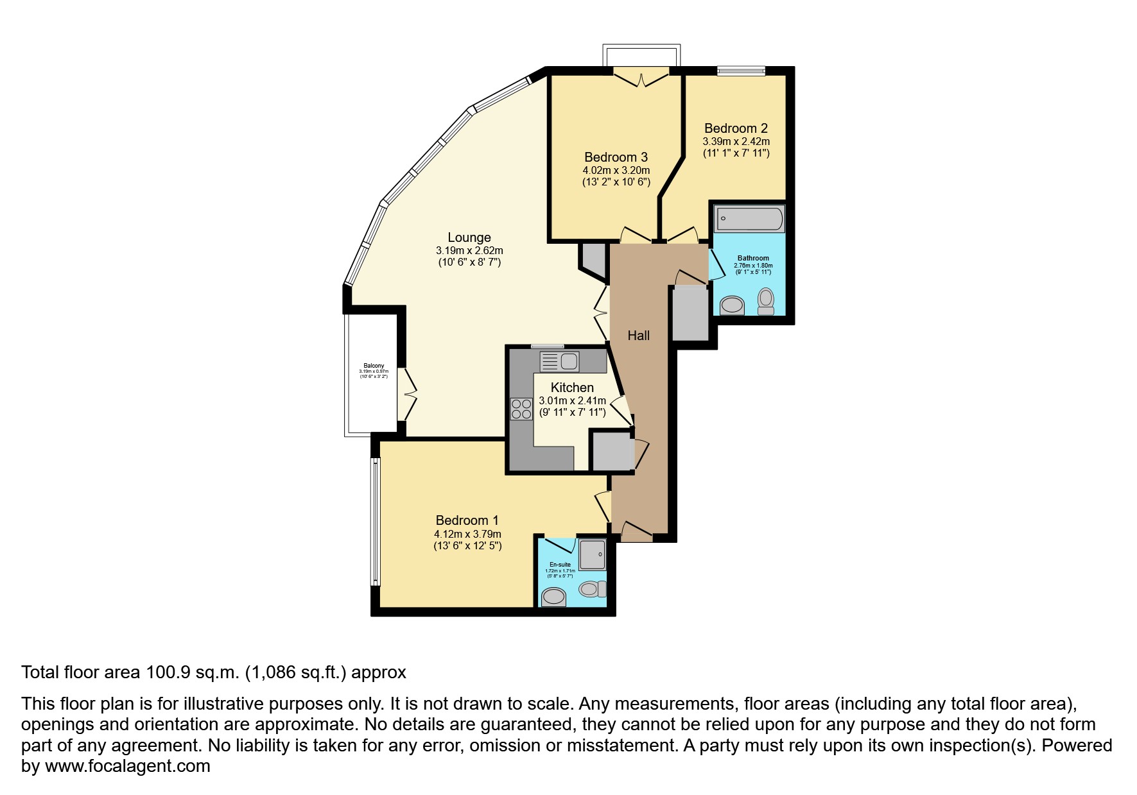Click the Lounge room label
pyautogui.click(x=469, y=237)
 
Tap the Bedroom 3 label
pyautogui.click(x=616, y=157)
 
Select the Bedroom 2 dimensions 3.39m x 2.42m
pyautogui.click(x=736, y=142)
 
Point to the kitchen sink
pyautogui.click(x=560, y=361)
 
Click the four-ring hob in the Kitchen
pyautogui.click(x=521, y=409)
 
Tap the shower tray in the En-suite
pyautogui.click(x=592, y=554)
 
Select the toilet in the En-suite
pyautogui.click(x=592, y=588)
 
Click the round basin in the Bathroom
pyautogui.click(x=732, y=305)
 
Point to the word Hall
pyautogui.click(x=638, y=335)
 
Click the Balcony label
pyautogui.click(x=374, y=366)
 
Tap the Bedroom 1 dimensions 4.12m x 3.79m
pyautogui.click(x=467, y=534)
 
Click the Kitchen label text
pyautogui.click(x=572, y=388)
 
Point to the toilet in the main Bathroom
pyautogui.click(x=766, y=301)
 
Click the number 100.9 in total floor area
pyautogui.click(x=169, y=672)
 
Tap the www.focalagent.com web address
pyautogui.click(x=127, y=766)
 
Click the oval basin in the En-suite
pyautogui.click(x=553, y=597)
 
